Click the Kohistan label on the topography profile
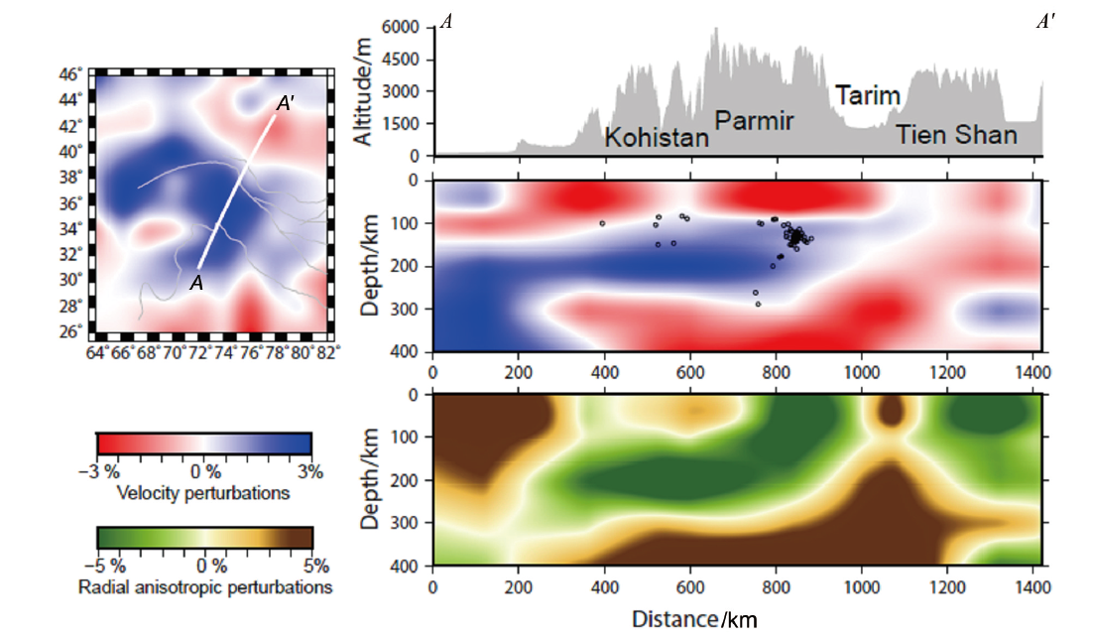(x=657, y=138)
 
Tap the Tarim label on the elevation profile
(x=868, y=96)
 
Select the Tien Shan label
(x=957, y=135)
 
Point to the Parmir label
(x=755, y=121)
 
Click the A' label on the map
(x=285, y=101)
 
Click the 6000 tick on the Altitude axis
(x=403, y=28)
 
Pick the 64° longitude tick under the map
(x=96, y=350)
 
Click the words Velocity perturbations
(x=203, y=492)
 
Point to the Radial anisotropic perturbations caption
(x=204, y=587)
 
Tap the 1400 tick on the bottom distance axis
(x=1032, y=585)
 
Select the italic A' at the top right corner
(x=1044, y=21)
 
